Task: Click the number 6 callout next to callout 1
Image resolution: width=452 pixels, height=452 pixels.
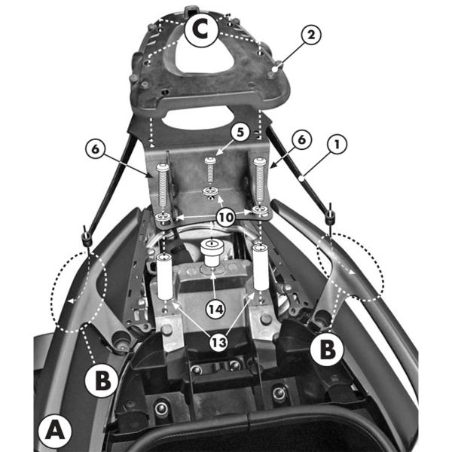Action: tap(301, 139)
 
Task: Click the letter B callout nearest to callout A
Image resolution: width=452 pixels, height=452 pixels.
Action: tap(101, 380)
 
